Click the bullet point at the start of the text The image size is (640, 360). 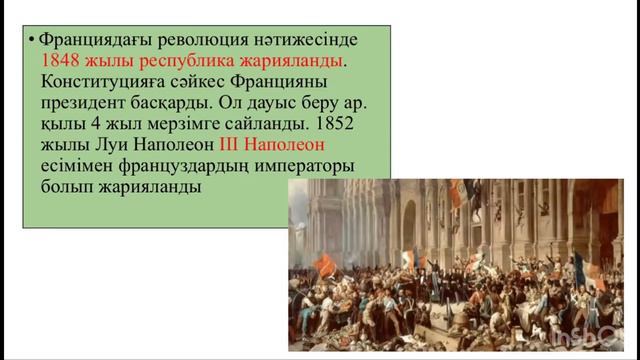pos(32,40)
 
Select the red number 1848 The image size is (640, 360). pos(61,61)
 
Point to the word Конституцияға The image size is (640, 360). pos(100,82)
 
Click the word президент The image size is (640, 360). pos(86,103)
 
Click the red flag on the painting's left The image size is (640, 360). pos(326,265)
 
